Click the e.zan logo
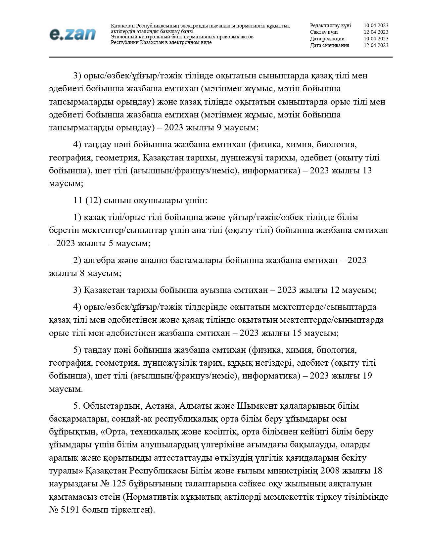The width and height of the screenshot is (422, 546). tap(72, 34)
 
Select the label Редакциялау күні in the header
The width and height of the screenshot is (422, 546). tap(330, 25)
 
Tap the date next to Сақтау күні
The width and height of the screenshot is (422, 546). tap(376, 32)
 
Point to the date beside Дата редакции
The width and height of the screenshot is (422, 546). tap(376, 39)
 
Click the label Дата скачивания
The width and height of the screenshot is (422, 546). tap(329, 45)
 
